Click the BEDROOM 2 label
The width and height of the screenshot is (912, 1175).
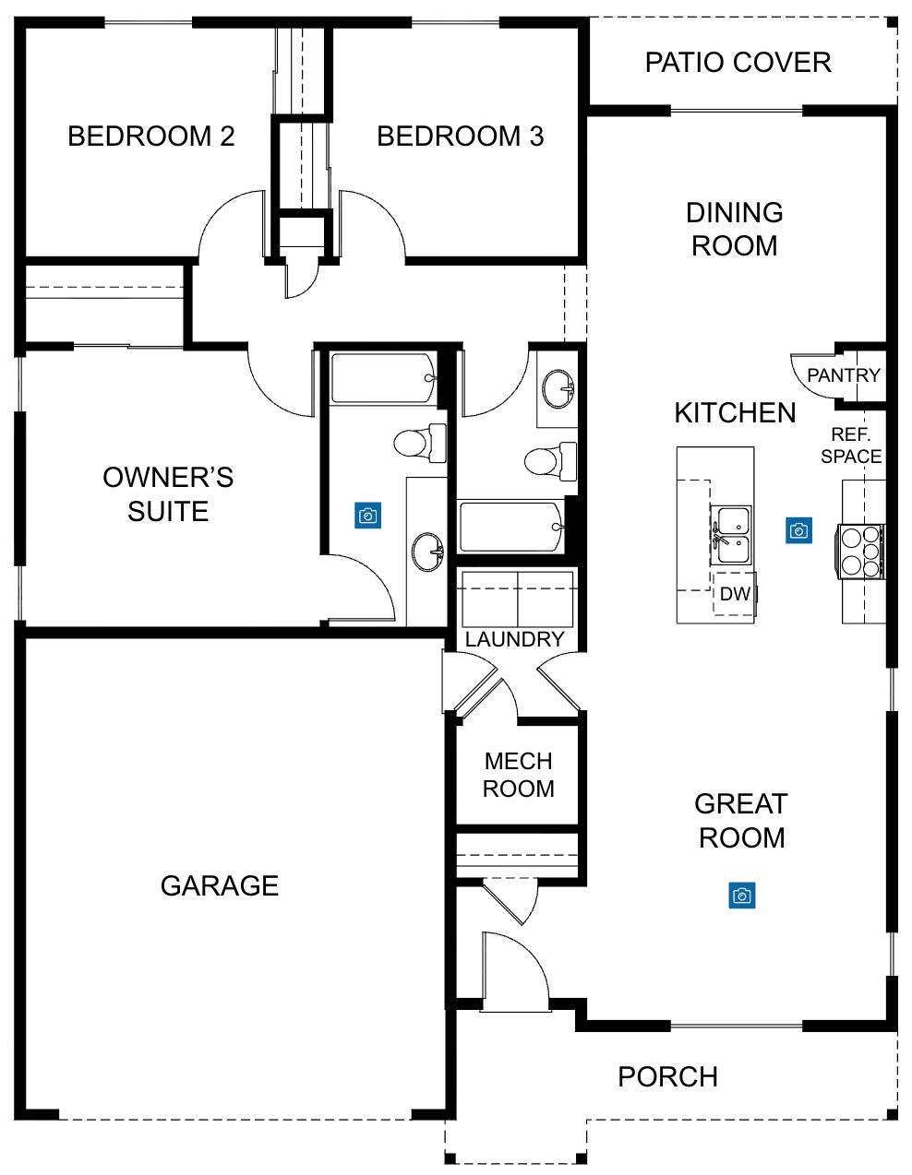click(x=150, y=136)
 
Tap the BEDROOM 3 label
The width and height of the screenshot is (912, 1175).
click(x=461, y=136)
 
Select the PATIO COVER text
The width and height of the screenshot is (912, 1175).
click(x=738, y=62)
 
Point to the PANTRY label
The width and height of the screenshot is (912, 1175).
click(x=844, y=375)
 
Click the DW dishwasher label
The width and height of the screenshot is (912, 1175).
click(x=735, y=594)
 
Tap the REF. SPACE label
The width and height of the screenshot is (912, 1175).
click(x=851, y=445)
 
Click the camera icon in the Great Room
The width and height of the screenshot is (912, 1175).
click(x=741, y=896)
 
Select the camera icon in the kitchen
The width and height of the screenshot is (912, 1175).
click(x=799, y=530)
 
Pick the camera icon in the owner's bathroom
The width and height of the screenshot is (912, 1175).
click(x=367, y=516)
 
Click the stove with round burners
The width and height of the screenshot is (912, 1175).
click(x=860, y=552)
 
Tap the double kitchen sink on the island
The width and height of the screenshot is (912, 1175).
click(x=731, y=535)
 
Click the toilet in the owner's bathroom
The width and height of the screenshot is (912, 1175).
click(x=420, y=444)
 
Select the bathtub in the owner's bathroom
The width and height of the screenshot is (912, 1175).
click(x=383, y=378)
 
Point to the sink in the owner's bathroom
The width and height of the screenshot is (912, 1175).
click(x=428, y=552)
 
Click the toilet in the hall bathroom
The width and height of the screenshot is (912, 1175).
click(x=551, y=461)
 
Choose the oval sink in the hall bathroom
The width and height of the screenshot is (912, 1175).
click(x=558, y=389)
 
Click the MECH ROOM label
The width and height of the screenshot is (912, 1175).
click(x=518, y=775)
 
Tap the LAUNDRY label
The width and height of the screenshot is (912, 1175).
click(x=514, y=640)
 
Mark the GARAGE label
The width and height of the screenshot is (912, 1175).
click(x=220, y=885)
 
